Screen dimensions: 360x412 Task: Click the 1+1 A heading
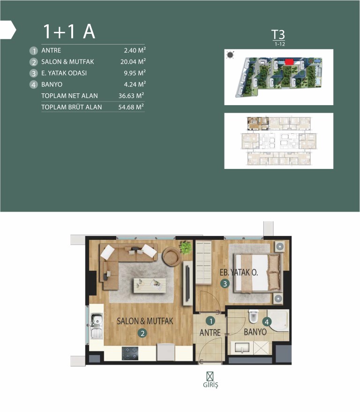pos(69,31)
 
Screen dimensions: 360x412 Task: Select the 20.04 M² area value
pos(133,61)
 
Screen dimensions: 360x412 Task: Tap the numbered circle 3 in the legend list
pos(34,73)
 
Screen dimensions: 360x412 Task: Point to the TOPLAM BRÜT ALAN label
pos(71,107)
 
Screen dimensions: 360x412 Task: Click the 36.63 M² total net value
pos(131,96)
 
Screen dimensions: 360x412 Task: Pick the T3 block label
pos(278,35)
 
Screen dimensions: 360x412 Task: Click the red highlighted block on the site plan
pos(289,62)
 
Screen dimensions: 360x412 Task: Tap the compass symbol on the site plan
pos(230,55)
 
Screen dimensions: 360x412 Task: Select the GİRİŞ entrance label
pos(210,385)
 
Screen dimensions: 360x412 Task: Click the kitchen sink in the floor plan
pos(97,326)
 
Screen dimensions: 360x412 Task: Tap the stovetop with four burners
pos(130,353)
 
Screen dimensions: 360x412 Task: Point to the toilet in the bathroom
pos(253,316)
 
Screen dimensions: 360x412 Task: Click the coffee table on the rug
pos(150,285)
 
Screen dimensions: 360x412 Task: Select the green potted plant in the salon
pos(186,247)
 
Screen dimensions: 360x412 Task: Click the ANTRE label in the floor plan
pos(210,333)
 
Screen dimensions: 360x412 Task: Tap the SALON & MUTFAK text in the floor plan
pos(145,321)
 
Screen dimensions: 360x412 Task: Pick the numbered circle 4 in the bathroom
pos(267,322)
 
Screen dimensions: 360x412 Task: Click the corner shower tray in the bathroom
pos(278,320)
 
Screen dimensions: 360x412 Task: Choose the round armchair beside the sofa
pos(172,257)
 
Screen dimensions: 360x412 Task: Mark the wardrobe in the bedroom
pos(203,263)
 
